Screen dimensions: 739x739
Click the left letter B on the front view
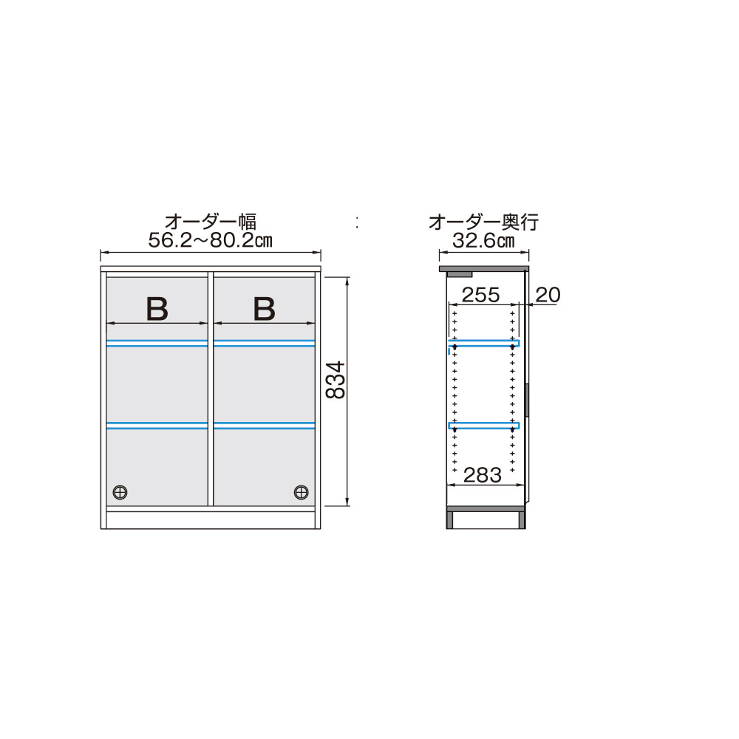point(157,309)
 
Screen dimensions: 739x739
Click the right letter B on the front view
point(264,309)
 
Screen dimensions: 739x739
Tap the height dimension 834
point(336,380)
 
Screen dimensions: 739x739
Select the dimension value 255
point(480,296)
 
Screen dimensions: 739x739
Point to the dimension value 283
point(483,475)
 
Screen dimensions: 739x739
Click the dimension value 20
point(547,296)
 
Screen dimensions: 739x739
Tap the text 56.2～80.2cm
point(211,240)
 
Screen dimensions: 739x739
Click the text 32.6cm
point(485,240)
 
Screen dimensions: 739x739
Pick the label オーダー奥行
point(484,221)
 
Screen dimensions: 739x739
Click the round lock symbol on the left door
point(120,491)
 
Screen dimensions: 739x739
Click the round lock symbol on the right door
point(301,491)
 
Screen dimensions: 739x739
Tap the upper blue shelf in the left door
point(157,343)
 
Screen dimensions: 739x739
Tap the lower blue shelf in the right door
point(264,425)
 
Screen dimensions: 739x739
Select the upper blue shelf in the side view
point(483,343)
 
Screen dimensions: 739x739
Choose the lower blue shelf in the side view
point(483,425)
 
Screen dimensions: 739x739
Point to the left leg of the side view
point(449,520)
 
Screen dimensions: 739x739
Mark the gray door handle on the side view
point(528,399)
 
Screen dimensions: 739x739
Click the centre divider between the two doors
point(211,388)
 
